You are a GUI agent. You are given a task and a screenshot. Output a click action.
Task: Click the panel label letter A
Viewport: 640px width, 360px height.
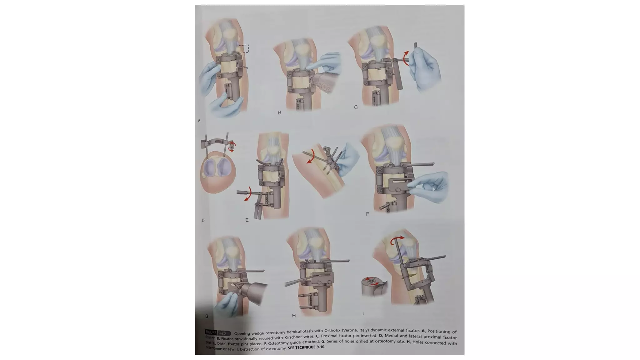pos(199,120)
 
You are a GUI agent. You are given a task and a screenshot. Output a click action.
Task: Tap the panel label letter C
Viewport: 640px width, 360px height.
pos(356,107)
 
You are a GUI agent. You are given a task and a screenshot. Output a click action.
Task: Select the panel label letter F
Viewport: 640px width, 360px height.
pos(367,214)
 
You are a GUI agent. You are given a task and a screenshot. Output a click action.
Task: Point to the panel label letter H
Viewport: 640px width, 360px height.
pos(294,316)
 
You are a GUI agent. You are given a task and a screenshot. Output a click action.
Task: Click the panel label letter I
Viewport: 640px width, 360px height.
pos(363,313)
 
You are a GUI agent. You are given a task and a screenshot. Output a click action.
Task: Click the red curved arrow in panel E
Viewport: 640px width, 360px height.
pos(248,194)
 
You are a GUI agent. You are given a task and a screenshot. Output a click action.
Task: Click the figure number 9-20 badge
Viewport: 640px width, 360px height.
pos(222,333)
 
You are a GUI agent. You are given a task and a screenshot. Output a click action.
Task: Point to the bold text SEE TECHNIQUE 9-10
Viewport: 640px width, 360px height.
pos(307,347)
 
